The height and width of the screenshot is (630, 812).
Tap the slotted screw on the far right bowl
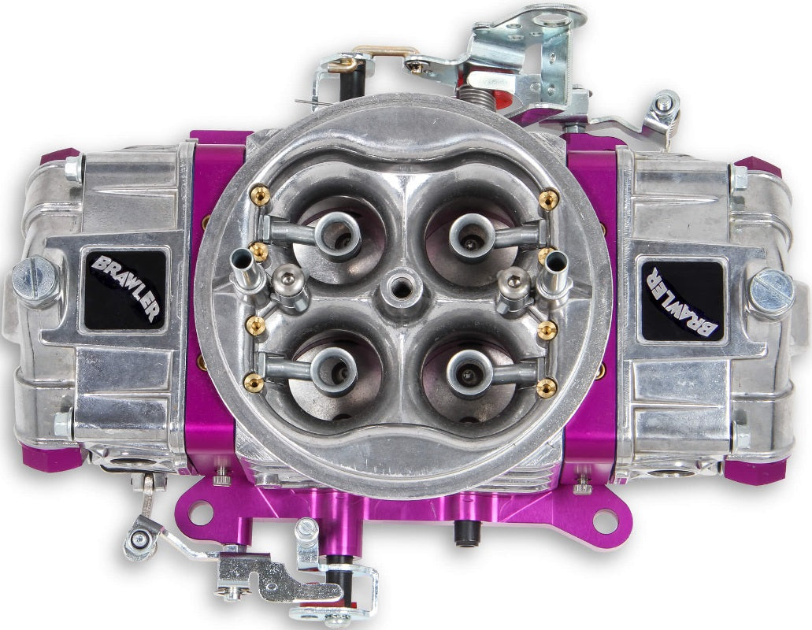[771, 291]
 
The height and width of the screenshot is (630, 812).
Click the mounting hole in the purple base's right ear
[606, 518]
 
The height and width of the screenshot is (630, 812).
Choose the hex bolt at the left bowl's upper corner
[73, 167]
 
